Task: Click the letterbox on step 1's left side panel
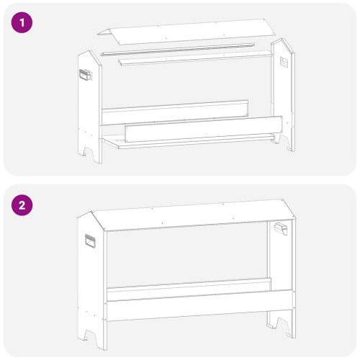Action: pos(86,74)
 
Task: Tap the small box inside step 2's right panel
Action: pos(281,228)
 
